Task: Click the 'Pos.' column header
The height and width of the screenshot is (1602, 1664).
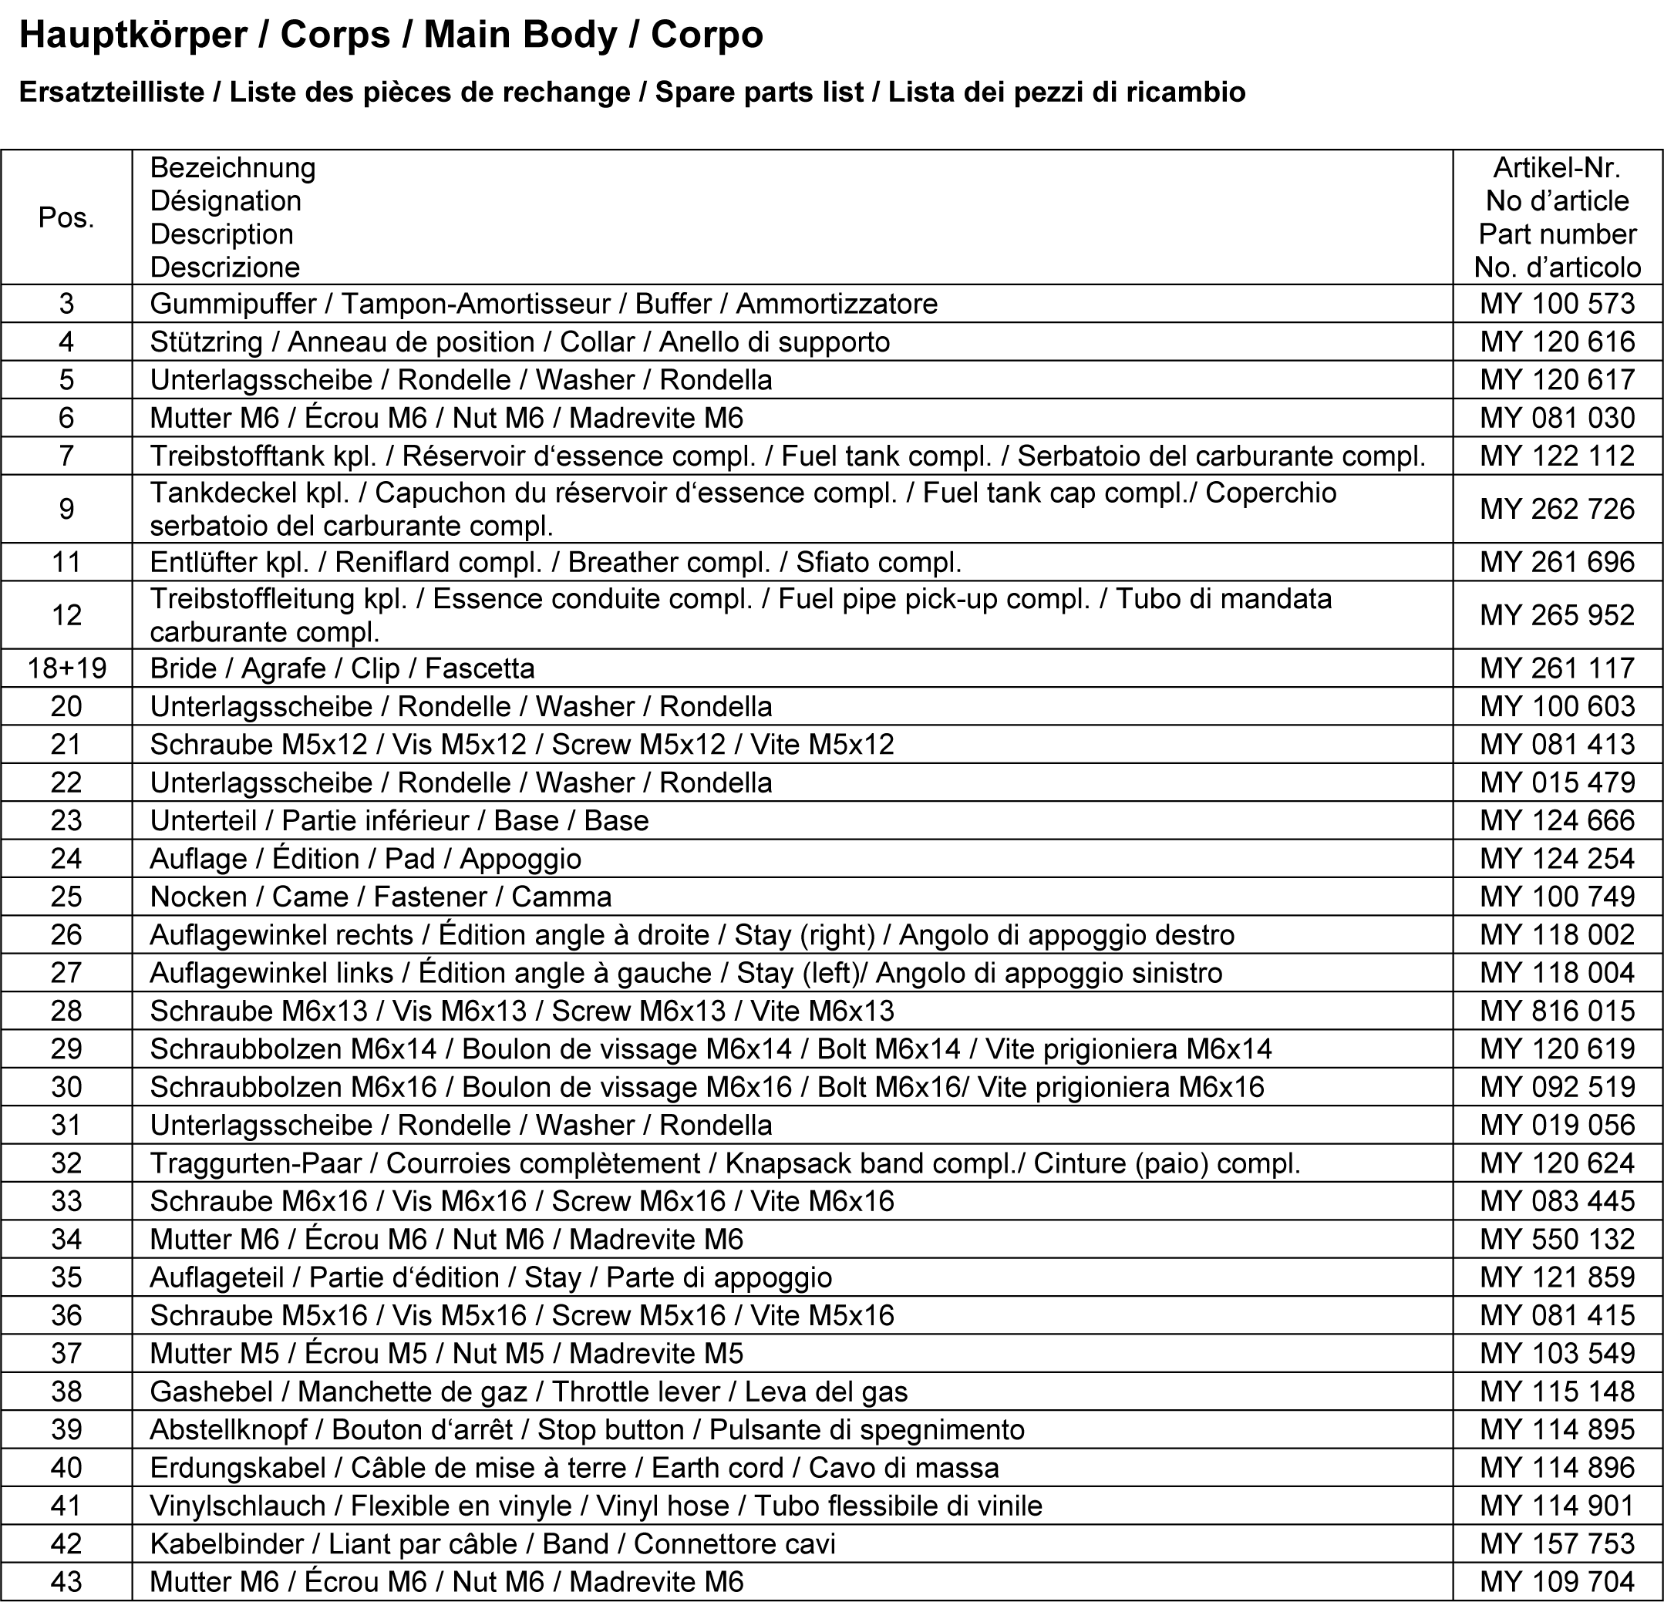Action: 66,218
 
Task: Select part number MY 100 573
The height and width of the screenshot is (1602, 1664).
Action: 1557,304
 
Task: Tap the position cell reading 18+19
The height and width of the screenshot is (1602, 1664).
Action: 66,669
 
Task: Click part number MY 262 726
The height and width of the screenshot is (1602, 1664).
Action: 1557,510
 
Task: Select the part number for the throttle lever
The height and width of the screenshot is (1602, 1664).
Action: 1557,1392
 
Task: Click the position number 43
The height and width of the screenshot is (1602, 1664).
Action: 66,1583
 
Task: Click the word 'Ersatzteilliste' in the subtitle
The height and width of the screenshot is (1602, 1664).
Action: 111,93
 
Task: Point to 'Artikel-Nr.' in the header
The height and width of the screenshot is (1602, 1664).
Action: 1557,168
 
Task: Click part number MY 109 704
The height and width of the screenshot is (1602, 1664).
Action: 1557,1583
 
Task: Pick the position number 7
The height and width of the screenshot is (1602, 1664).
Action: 66,456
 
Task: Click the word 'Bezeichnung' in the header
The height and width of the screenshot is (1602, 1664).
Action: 233,168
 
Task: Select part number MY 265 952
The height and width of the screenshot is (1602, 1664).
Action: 1557,615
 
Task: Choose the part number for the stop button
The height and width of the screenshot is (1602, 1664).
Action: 1557,1429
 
